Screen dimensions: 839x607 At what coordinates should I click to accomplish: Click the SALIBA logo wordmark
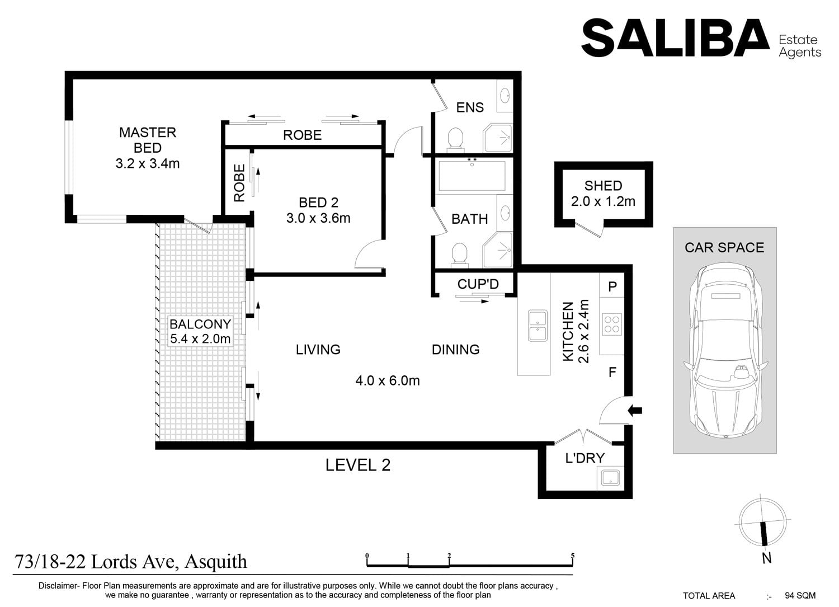[675, 38]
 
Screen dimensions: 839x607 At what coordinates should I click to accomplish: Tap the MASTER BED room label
[148, 140]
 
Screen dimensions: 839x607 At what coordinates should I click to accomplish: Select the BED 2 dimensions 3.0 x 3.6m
[318, 218]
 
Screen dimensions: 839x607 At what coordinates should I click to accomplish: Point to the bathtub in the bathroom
[472, 176]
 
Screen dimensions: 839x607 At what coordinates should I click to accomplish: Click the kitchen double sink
[538, 326]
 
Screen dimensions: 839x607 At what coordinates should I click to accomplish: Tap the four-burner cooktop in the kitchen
[612, 324]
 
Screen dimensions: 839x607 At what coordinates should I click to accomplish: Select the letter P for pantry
[612, 287]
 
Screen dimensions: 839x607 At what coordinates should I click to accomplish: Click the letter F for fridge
[612, 372]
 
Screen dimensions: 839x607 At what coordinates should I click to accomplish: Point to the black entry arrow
[635, 411]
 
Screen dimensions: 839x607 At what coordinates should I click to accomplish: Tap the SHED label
[604, 186]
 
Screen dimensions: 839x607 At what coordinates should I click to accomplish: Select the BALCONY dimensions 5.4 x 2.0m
[200, 339]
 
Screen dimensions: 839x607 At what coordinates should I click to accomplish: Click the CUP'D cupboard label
[478, 284]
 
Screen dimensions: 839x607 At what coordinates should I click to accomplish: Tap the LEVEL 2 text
[358, 465]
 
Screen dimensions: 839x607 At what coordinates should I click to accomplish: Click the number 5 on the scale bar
[573, 556]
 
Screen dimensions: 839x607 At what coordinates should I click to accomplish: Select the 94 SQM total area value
[800, 595]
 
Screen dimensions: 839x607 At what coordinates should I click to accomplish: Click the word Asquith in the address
[216, 562]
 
